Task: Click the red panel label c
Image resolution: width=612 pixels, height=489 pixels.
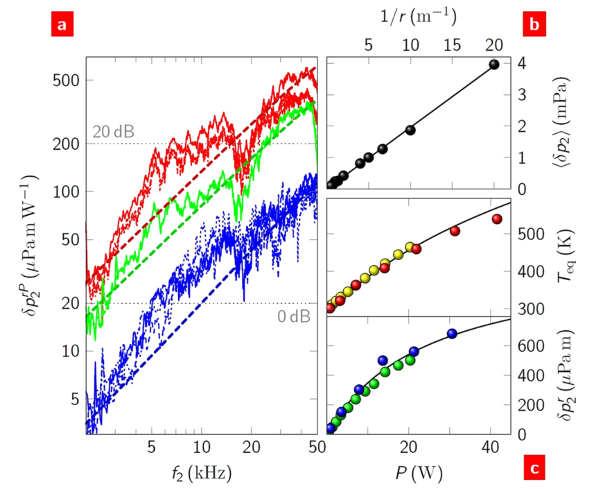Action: point(534,468)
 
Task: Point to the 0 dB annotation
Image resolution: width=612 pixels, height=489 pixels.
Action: point(292,316)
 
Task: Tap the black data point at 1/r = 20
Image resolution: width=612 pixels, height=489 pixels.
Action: point(494,65)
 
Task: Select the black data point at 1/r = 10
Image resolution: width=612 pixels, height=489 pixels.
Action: point(410,130)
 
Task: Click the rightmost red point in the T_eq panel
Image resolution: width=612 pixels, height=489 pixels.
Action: point(497,219)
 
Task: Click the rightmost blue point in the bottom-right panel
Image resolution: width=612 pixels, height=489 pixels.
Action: point(453,334)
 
